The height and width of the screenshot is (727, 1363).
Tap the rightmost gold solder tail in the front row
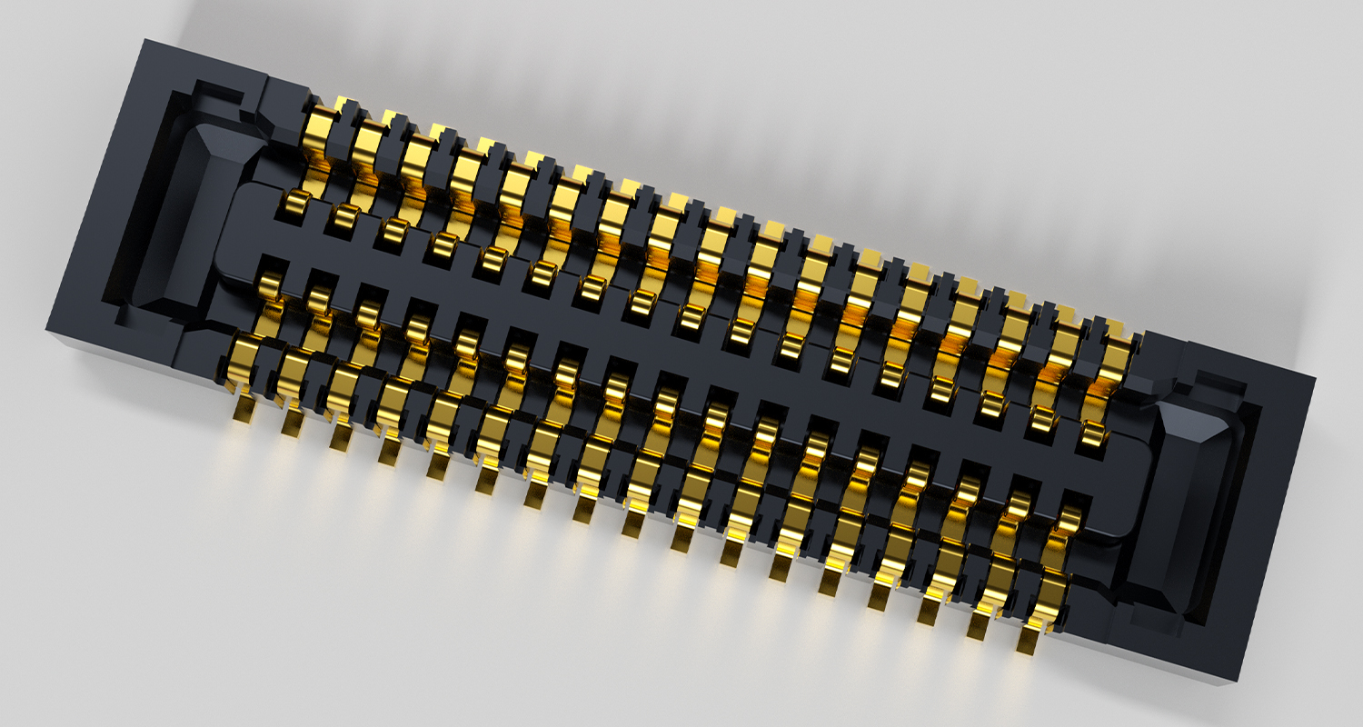tap(1028, 640)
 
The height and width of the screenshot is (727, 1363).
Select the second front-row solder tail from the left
tap(292, 423)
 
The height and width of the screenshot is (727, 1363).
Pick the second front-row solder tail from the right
tap(979, 625)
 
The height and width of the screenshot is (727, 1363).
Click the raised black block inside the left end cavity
tap(200, 218)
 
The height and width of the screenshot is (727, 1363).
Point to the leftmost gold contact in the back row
tap(320, 123)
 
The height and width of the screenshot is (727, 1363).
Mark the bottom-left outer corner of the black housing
tap(47, 329)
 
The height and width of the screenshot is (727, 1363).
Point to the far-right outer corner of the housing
tap(1315, 378)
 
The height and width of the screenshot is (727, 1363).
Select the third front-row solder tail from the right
tap(929, 611)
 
